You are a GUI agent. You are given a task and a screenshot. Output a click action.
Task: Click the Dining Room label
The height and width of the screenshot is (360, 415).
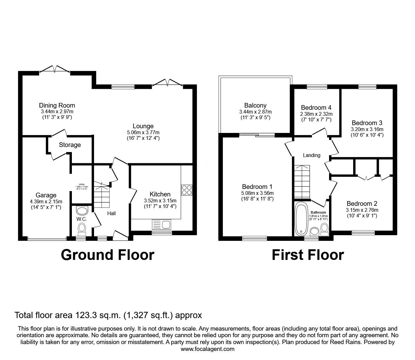click(x=57, y=105)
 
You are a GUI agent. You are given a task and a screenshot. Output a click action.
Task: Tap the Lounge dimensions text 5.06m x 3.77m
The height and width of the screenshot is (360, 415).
click(x=143, y=132)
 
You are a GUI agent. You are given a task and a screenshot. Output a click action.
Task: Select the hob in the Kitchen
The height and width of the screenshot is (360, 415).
click(x=187, y=190)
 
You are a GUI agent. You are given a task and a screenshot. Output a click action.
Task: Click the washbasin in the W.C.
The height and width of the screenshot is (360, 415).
click(x=82, y=210)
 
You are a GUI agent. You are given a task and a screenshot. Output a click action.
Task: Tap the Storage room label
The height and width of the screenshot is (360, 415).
click(x=70, y=145)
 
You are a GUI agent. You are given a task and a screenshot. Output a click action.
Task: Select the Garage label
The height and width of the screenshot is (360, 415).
click(x=46, y=195)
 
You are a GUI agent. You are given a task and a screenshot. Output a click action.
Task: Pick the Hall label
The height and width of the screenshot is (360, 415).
click(x=111, y=213)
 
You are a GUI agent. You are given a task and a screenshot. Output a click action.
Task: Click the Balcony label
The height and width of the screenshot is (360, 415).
click(x=255, y=105)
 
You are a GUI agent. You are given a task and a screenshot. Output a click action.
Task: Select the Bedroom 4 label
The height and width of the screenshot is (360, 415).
click(x=316, y=108)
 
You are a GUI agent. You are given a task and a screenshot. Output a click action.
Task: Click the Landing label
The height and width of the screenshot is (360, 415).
click(x=312, y=155)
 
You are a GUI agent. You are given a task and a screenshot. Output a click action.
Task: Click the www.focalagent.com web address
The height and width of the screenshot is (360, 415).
click(x=207, y=349)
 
